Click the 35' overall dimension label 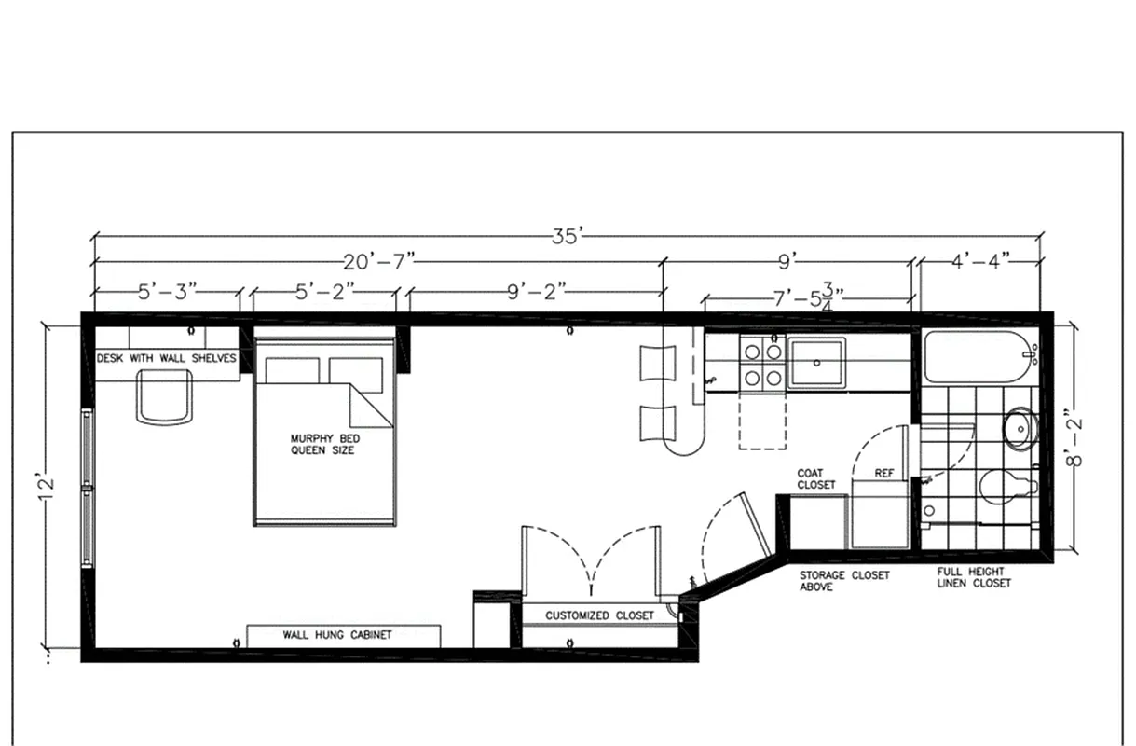coord(567,236)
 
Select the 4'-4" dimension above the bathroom coord(980,262)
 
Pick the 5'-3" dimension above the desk coord(168,291)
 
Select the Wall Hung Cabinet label coord(337,635)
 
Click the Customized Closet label coord(599,615)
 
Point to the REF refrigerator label coord(883,474)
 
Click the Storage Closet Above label coord(844,581)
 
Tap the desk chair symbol coord(165,396)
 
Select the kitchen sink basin coord(815,362)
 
